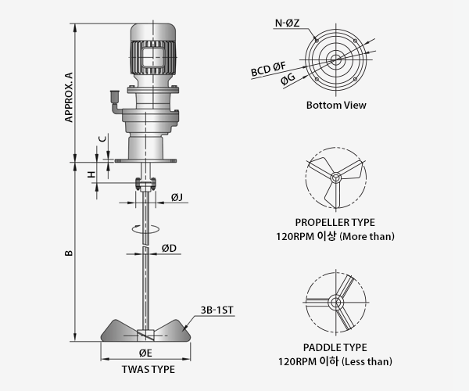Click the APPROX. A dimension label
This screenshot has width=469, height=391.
[69, 97]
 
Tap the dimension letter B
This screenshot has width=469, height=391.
[69, 253]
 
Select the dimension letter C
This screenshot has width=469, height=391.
[102, 139]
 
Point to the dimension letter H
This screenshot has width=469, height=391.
[91, 174]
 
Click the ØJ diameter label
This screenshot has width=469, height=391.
[177, 197]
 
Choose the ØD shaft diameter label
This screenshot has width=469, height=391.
[169, 248]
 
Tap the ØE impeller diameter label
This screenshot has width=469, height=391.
[145, 353]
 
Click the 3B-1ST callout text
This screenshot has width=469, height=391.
[217, 310]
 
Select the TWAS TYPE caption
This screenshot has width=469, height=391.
[149, 369]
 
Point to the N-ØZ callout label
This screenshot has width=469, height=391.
[287, 23]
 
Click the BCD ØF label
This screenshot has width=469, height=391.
[268, 69]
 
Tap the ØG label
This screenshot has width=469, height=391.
[288, 79]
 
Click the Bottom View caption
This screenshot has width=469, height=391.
[336, 105]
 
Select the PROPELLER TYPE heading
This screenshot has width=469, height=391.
[335, 222]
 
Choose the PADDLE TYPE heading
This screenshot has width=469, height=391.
[335, 347]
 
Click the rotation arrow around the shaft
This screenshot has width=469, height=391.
[145, 228]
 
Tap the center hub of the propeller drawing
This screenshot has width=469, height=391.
[335, 178]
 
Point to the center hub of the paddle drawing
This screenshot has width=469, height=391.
[335, 303]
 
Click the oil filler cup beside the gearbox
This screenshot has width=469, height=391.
[115, 96]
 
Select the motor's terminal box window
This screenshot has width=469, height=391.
[153, 57]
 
